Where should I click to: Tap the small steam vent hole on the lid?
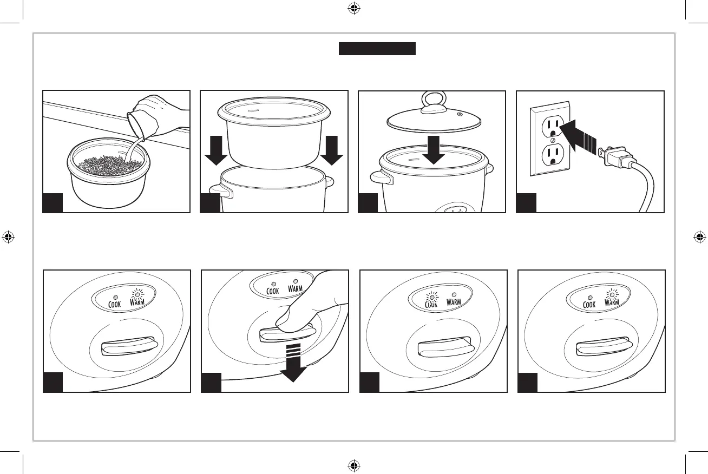pyautogui.click(x=460, y=115)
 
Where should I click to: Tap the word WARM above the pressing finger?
pyautogui.click(x=295, y=289)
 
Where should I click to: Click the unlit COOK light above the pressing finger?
pyautogui.click(x=273, y=284)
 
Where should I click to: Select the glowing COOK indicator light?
pyautogui.click(x=431, y=295)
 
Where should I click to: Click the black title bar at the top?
pyautogui.click(x=377, y=49)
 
